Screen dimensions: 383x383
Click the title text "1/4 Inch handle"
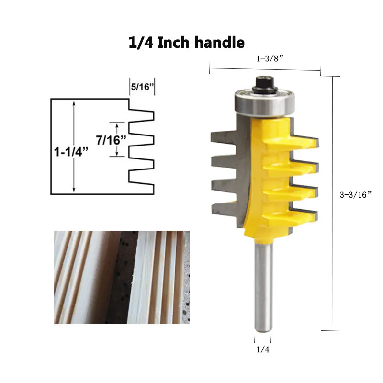point(186,43)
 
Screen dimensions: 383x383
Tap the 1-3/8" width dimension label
point(270,58)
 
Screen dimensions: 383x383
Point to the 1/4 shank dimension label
point(263,349)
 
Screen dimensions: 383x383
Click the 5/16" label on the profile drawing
point(142,87)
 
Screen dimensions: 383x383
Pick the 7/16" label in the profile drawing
point(111,140)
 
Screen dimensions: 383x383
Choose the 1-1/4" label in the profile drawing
point(71,152)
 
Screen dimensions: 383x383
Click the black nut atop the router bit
point(265,85)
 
